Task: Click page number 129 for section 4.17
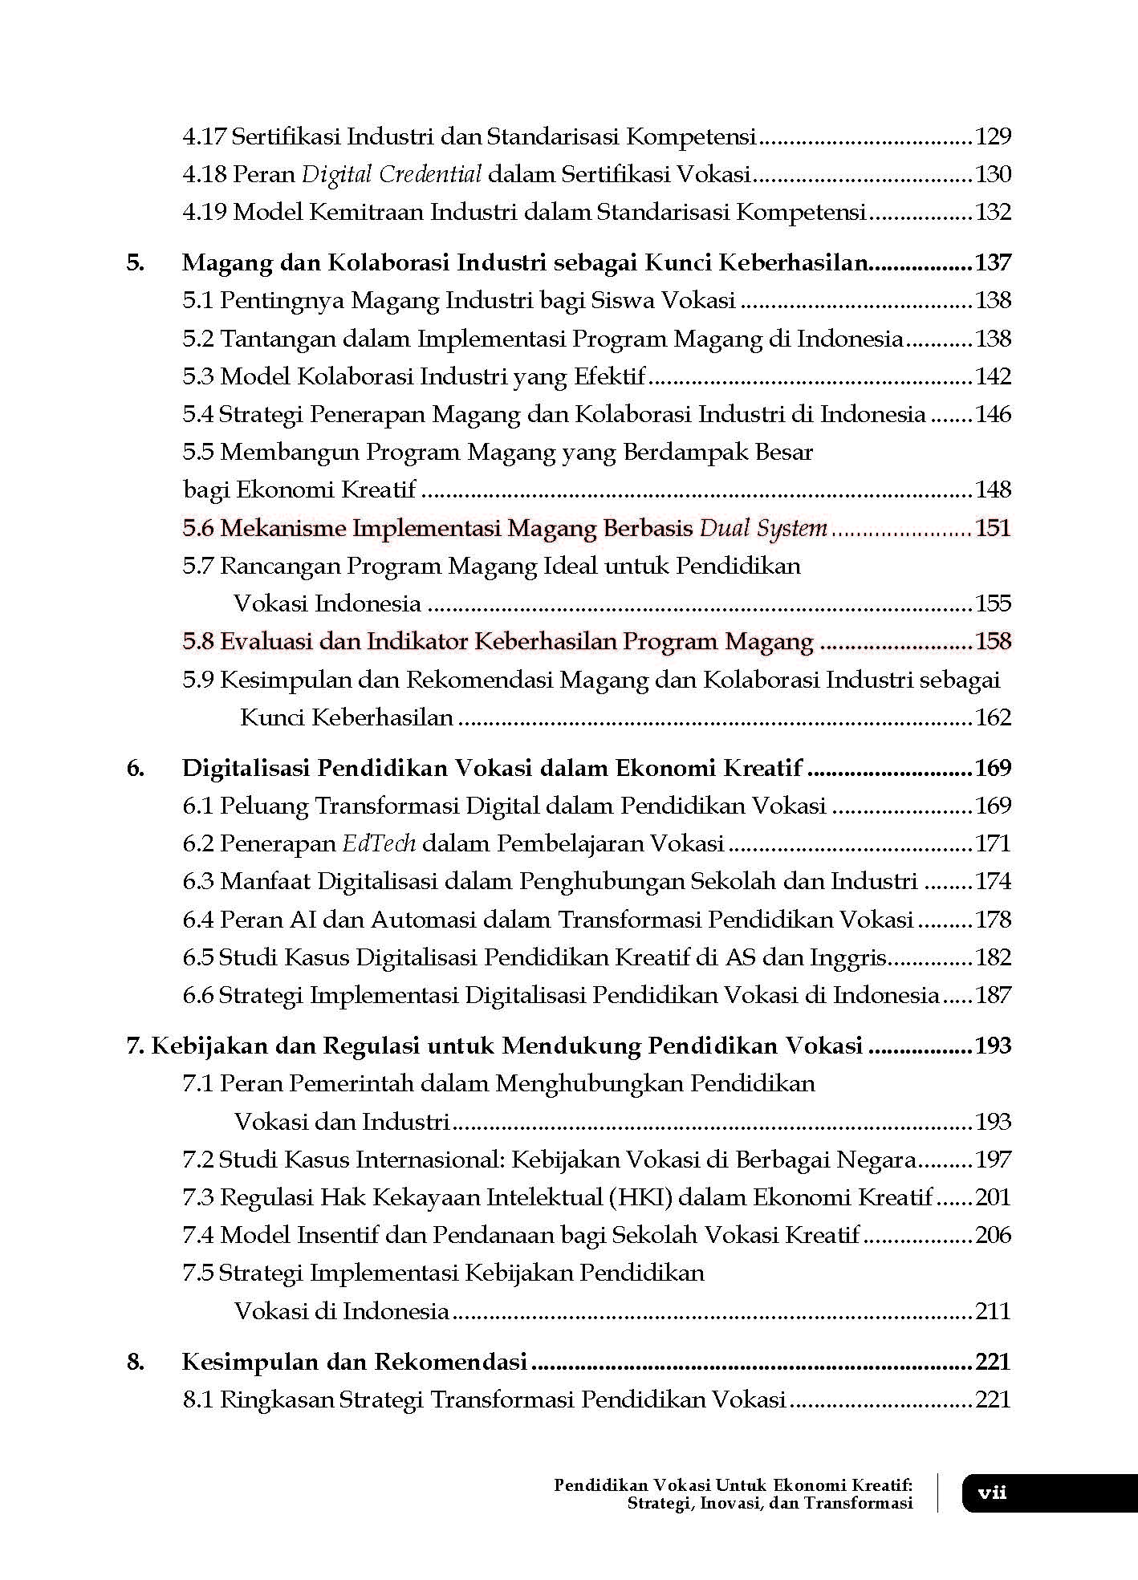coord(993,137)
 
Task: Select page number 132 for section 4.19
coord(993,213)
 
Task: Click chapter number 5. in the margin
coord(136,263)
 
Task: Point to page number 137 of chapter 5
coord(993,263)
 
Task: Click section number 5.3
coord(198,376)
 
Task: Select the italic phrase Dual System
coord(763,528)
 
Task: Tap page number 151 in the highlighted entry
coord(993,528)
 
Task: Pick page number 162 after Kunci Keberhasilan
coord(993,717)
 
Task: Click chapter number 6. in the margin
coord(136,768)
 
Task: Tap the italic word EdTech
coord(379,844)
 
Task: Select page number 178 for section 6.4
coord(993,920)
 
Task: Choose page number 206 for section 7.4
coord(993,1235)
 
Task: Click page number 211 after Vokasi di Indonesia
coord(993,1311)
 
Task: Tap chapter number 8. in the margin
coord(136,1362)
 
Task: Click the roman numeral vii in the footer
coord(992,1493)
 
